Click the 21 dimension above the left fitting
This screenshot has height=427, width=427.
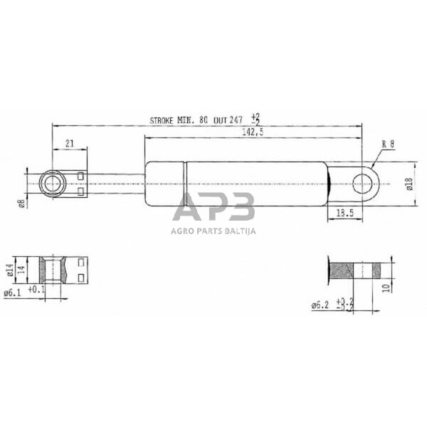tap(69, 143)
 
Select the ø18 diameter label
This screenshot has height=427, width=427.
tap(408, 185)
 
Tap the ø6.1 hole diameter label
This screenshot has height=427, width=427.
tap(14, 292)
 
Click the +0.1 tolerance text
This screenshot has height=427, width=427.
tap(36, 290)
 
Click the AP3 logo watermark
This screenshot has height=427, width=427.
tap(213, 208)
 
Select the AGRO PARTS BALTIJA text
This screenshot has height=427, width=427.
tap(213, 230)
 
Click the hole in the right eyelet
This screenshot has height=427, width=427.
tap(362, 185)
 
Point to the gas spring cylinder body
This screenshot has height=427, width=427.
tap(235, 185)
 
